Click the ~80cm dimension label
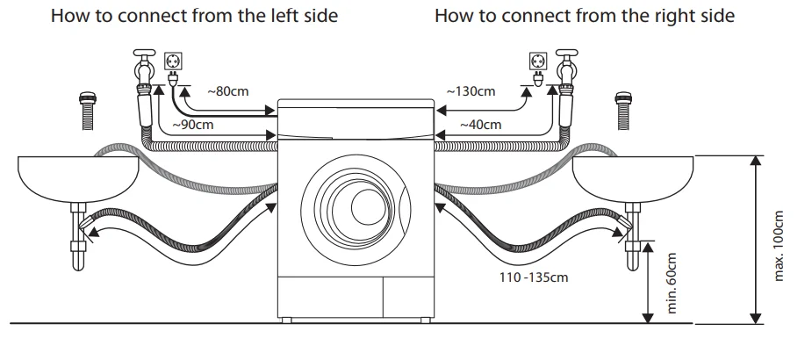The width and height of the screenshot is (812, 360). pyautogui.click(x=228, y=90)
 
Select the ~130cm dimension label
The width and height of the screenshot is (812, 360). pyautogui.click(x=471, y=90)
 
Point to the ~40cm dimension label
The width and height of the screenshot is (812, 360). pyautogui.click(x=481, y=125)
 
